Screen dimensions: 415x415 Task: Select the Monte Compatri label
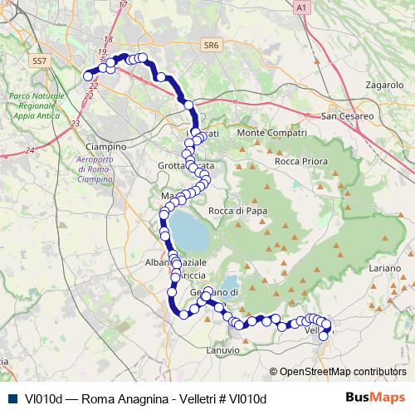pos(272,133)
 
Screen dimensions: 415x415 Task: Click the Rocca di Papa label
pos(237,211)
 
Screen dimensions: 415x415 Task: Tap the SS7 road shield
pos(38,61)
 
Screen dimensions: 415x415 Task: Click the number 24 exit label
pos(30,150)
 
